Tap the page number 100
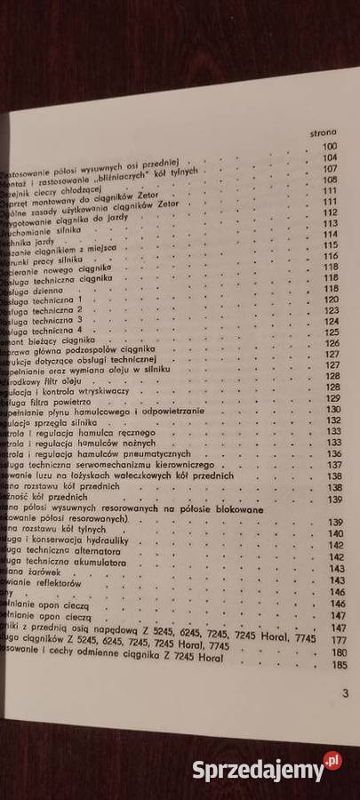point(330,146)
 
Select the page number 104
point(331,157)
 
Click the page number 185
point(339,665)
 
